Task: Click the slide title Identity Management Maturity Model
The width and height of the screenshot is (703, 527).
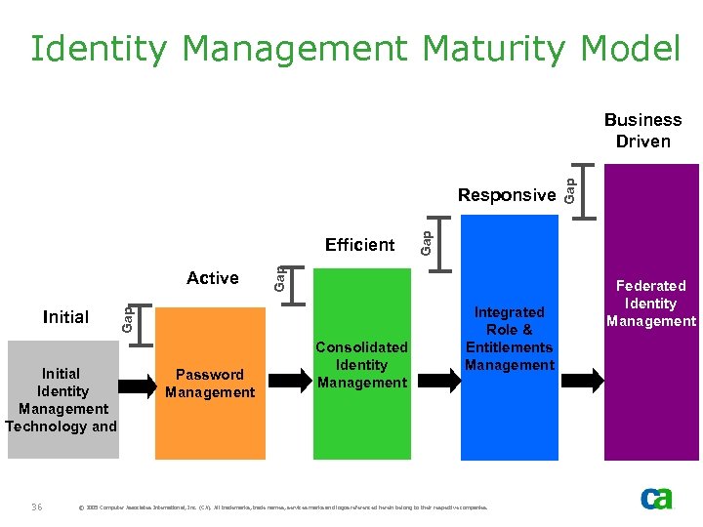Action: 353,48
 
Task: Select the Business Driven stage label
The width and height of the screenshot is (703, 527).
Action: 642,131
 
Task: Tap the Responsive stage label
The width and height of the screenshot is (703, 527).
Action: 507,195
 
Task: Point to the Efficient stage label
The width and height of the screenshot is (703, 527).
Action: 360,245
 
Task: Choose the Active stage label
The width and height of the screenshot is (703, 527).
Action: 213,278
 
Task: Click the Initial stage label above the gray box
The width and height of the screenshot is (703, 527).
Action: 66,317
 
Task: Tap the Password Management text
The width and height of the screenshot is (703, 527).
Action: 210,384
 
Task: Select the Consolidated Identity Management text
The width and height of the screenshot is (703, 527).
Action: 361,365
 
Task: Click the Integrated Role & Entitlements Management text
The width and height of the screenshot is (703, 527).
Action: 509,339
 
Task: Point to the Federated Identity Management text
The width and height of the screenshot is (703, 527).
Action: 650,304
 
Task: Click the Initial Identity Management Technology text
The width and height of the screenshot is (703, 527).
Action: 62,400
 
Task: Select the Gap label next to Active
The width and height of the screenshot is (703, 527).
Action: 279,278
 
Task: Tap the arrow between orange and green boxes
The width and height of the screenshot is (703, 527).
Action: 287,379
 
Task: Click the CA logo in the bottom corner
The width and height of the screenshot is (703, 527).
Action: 656,500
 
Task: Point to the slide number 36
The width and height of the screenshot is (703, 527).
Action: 37,506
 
